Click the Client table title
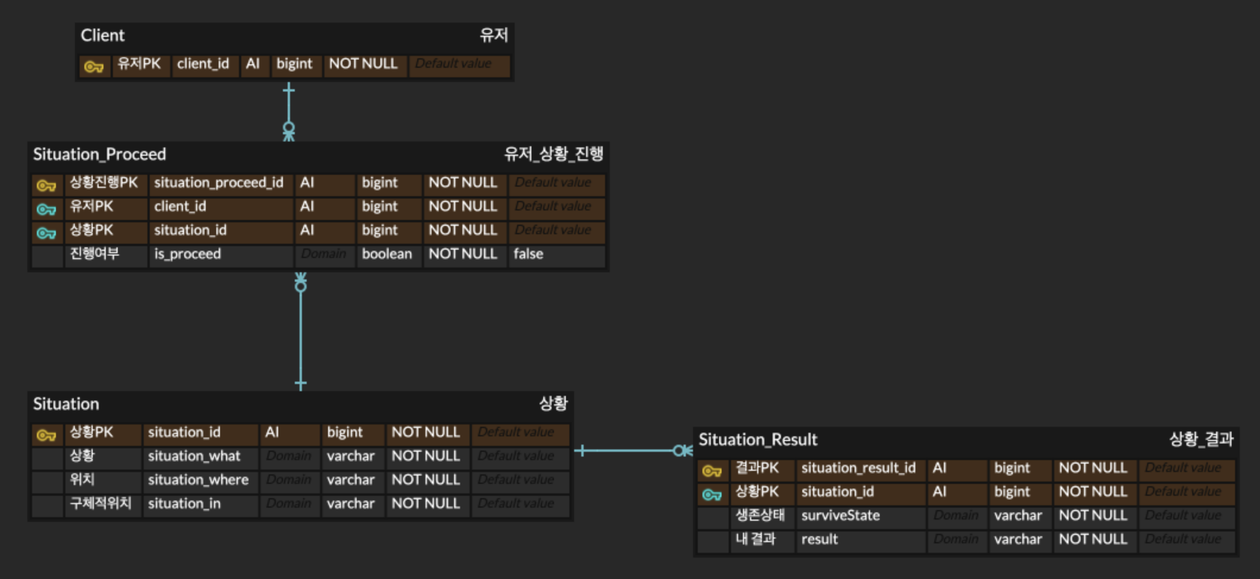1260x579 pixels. click(102, 36)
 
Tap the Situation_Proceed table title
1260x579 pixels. click(99, 155)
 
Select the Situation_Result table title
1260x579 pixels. click(758, 440)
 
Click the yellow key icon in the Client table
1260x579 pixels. click(94, 67)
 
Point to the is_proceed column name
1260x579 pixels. click(187, 254)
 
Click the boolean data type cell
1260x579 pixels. click(386, 254)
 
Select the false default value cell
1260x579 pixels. click(528, 254)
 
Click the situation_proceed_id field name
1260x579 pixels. click(218, 183)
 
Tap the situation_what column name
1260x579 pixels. click(194, 457)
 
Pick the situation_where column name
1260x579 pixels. click(198, 480)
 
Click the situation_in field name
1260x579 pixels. click(184, 504)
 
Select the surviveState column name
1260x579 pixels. click(840, 516)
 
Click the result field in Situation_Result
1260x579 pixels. click(819, 540)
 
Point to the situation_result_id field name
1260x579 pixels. click(858, 468)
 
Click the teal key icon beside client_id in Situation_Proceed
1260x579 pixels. click(46, 209)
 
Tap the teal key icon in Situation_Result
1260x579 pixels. click(711, 495)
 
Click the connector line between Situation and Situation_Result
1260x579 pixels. click(630, 451)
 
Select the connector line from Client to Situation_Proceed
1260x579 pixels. click(289, 107)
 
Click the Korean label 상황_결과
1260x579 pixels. click(1201, 440)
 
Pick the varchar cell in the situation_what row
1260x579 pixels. click(351, 457)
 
